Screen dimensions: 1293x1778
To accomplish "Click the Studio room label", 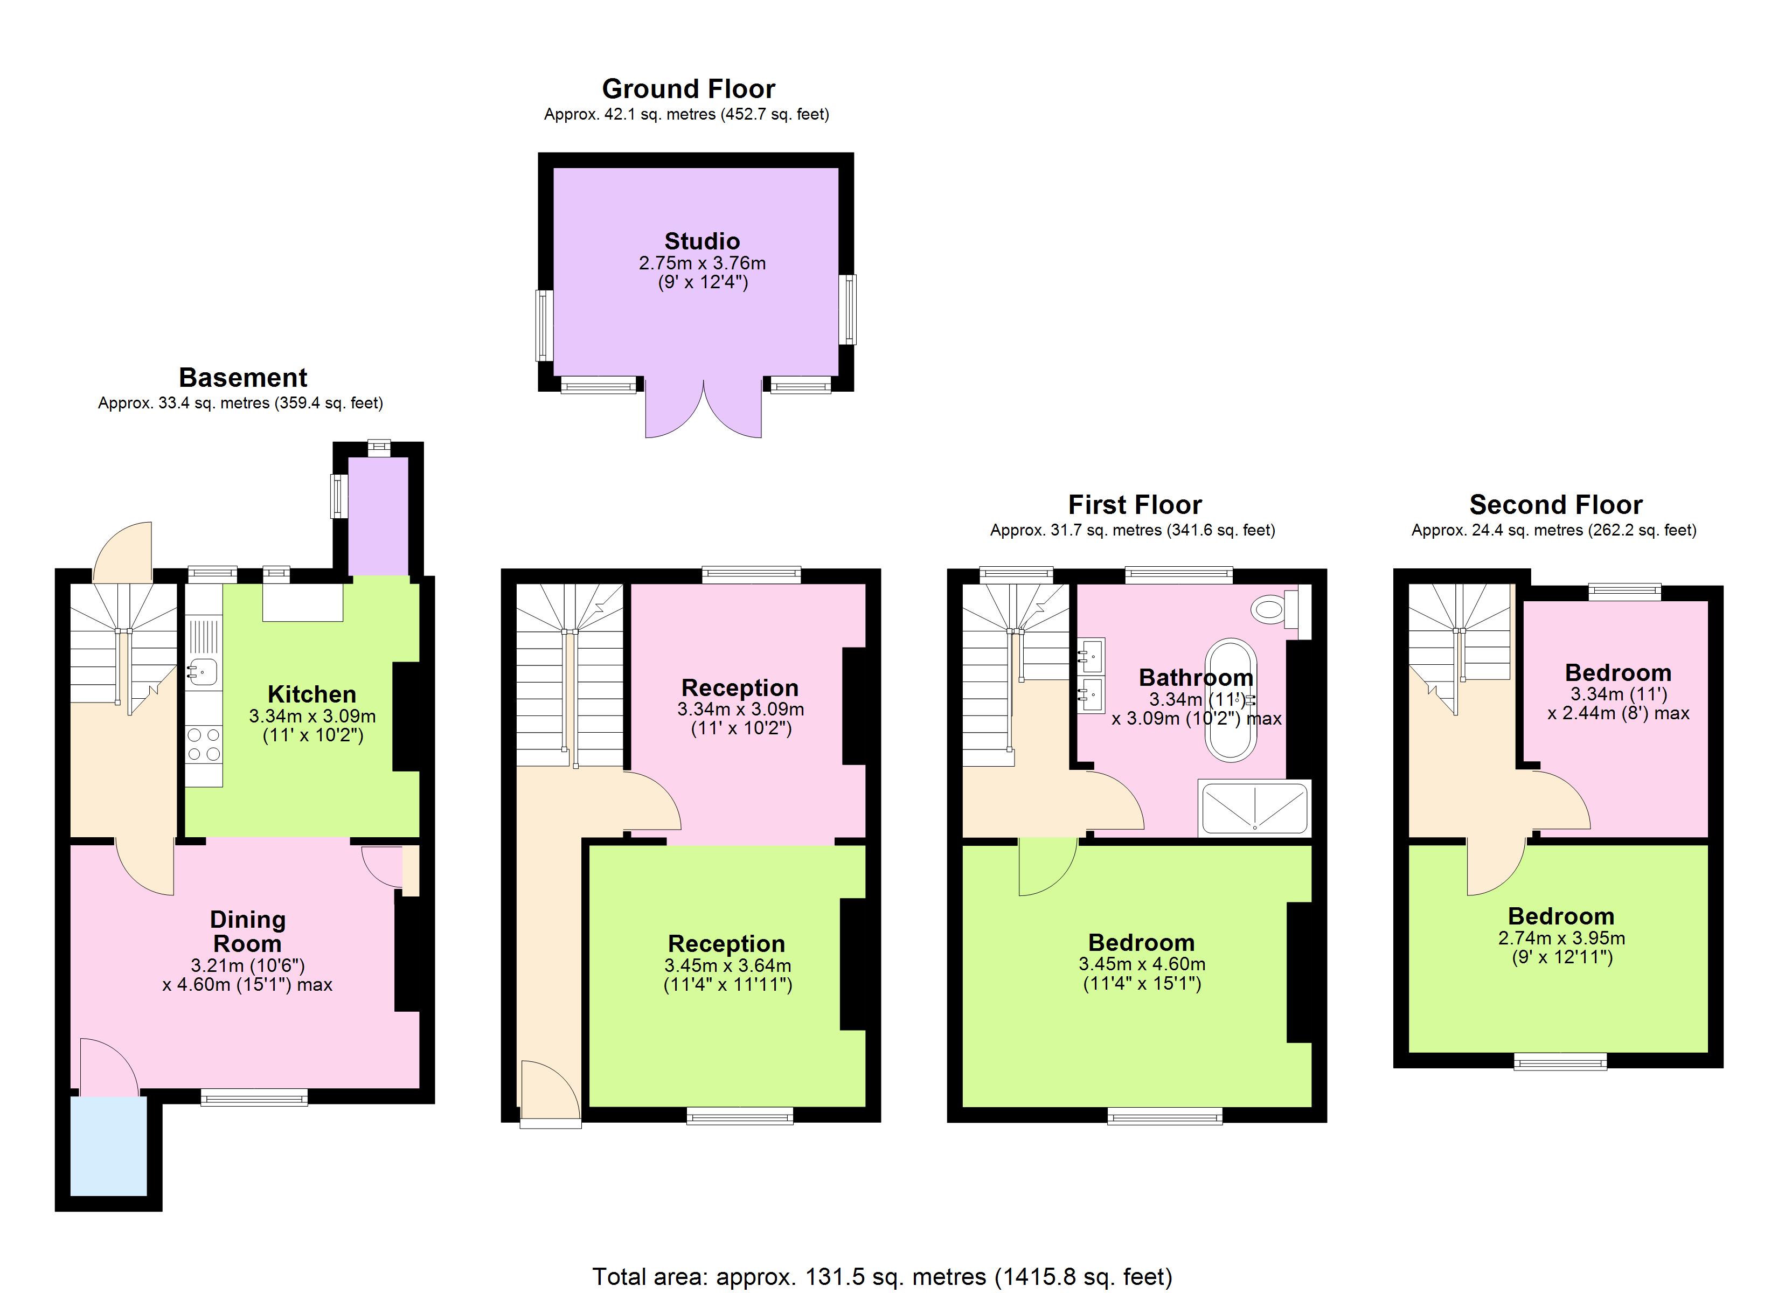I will [702, 241].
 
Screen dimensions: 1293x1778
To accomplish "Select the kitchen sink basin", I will [202, 672].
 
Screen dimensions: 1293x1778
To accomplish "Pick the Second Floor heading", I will [1555, 504].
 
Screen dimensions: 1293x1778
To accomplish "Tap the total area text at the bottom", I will [882, 1276].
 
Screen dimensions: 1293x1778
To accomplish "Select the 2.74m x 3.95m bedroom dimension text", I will [1561, 938].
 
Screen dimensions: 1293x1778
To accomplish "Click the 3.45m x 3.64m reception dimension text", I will [727, 965].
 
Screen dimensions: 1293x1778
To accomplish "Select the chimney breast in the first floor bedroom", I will [1299, 972].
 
